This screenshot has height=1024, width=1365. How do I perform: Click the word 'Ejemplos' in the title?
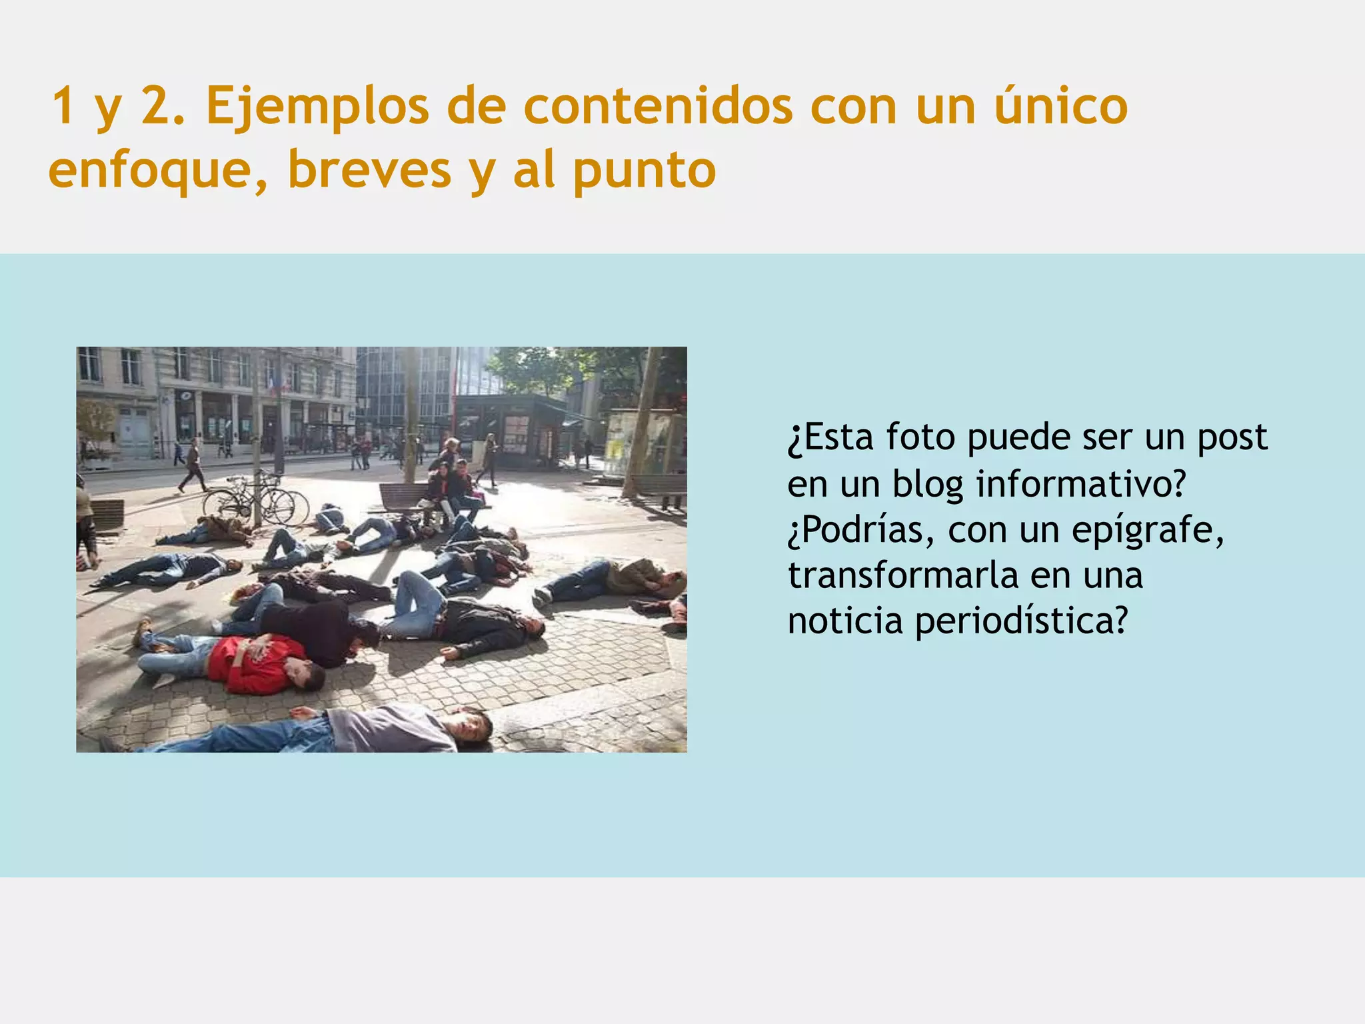pyautogui.click(x=317, y=107)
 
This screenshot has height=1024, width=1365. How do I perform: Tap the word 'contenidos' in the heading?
pyautogui.click(x=658, y=107)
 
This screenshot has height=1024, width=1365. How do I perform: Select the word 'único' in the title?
pyautogui.click(x=1060, y=107)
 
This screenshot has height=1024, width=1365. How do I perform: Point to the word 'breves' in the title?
pyautogui.click(x=370, y=171)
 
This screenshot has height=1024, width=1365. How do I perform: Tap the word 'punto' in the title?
pyautogui.click(x=645, y=171)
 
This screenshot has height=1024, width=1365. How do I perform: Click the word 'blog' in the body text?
pyautogui.click(x=928, y=484)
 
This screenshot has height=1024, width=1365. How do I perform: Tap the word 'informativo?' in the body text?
pyautogui.click(x=1081, y=484)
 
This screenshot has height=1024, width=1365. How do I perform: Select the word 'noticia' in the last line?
pyautogui.click(x=844, y=621)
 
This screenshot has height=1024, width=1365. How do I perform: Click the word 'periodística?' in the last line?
pyautogui.click(x=1021, y=621)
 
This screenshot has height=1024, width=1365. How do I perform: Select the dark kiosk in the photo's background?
pyautogui.click(x=510, y=430)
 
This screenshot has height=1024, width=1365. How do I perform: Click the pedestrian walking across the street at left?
pyautogui.click(x=193, y=465)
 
